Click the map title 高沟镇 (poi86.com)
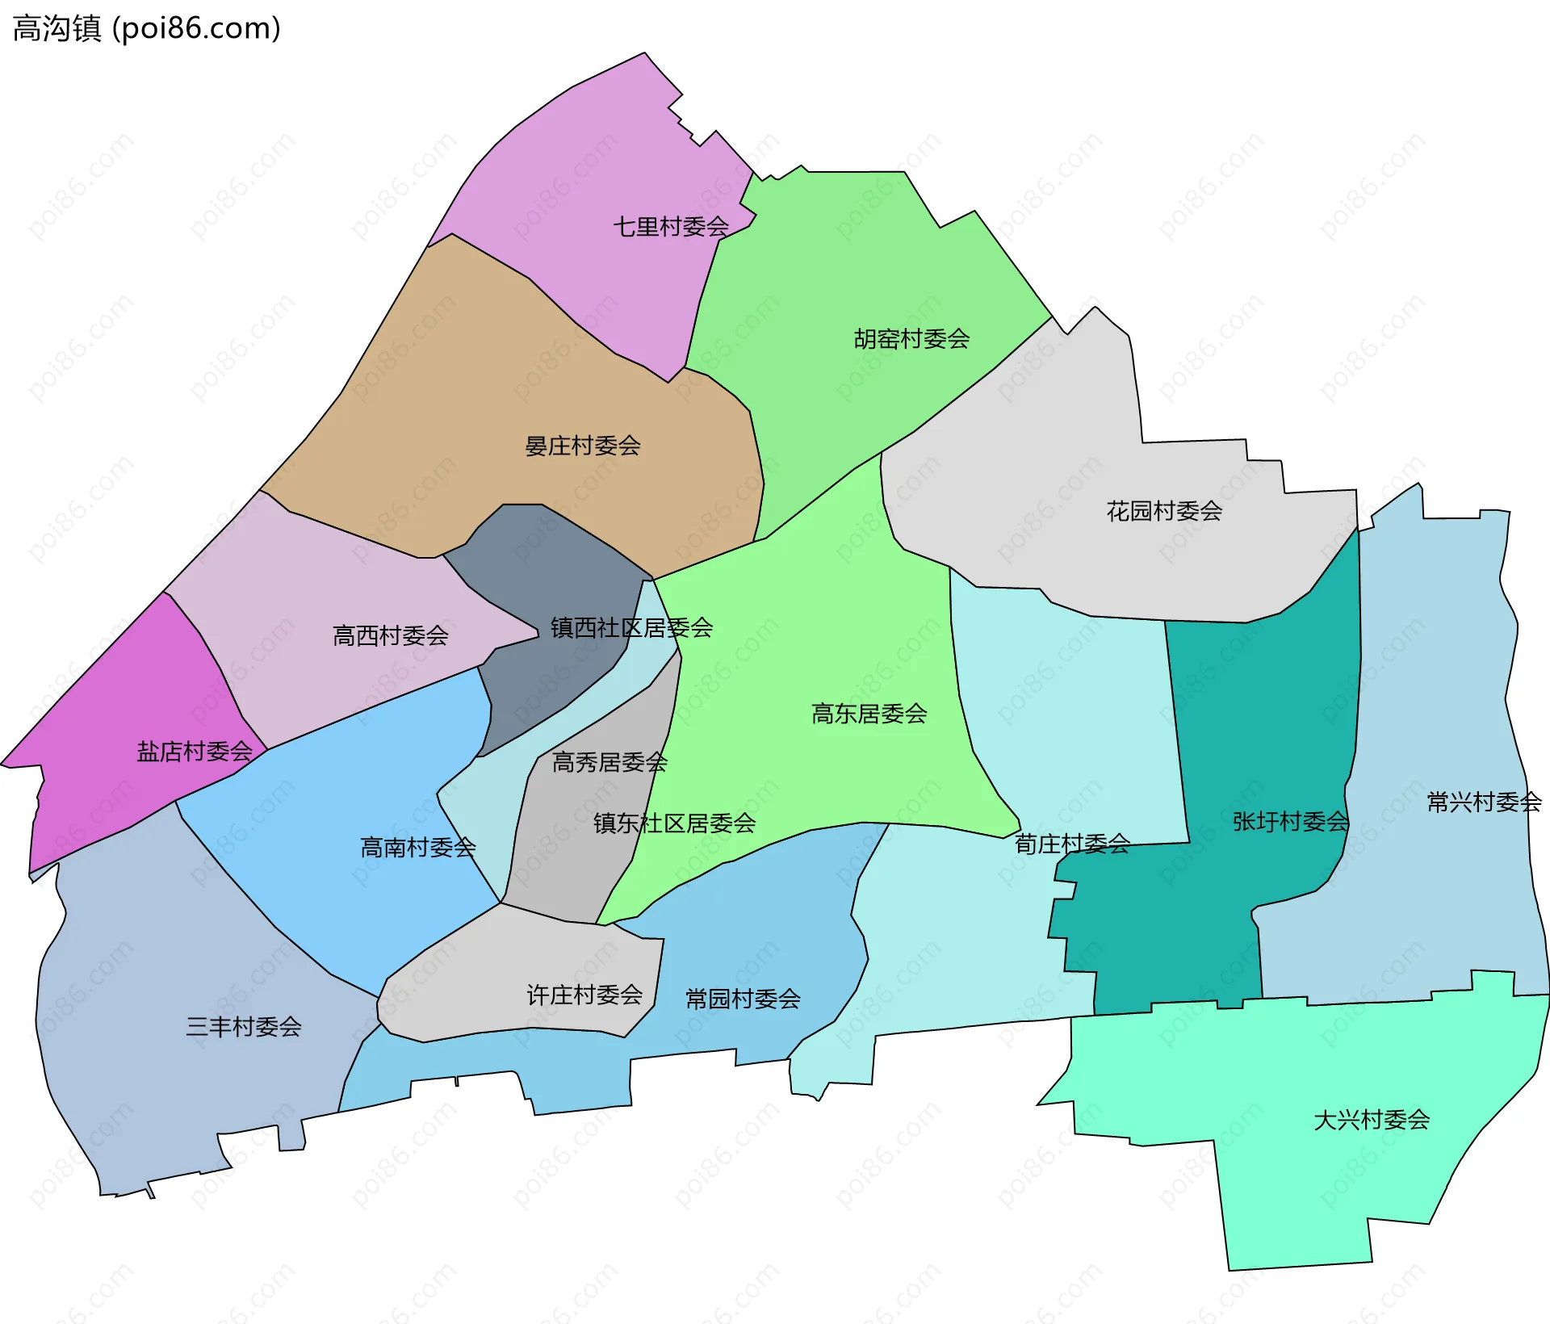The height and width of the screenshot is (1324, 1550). click(147, 28)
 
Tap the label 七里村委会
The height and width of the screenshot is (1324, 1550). click(671, 227)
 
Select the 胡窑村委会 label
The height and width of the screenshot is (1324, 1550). click(911, 339)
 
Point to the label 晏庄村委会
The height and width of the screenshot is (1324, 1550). click(582, 446)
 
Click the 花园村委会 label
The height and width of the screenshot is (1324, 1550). click(1163, 511)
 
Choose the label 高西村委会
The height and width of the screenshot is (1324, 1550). click(390, 636)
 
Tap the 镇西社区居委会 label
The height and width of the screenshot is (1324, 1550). click(631, 628)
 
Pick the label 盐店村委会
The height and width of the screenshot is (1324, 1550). click(195, 752)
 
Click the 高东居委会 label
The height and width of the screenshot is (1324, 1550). click(869, 714)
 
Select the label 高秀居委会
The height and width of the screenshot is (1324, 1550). click(610, 762)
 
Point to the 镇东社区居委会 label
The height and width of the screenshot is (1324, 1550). click(674, 823)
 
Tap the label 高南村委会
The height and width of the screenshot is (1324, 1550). click(417, 848)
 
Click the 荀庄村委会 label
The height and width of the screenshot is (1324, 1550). click(1072, 844)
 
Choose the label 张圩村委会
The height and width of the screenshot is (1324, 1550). click(1290, 822)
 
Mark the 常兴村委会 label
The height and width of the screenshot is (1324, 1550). click(1484, 802)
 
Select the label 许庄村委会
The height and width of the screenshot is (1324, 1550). click(584, 995)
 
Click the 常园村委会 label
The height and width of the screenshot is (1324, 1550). click(743, 999)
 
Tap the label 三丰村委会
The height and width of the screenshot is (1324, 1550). click(243, 1027)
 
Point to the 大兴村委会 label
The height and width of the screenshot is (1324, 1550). click(1372, 1121)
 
